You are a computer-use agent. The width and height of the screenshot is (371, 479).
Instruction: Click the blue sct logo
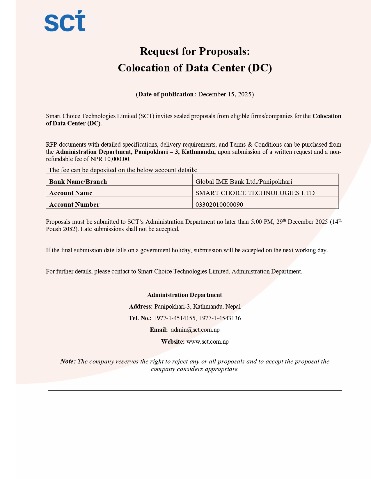[65, 21]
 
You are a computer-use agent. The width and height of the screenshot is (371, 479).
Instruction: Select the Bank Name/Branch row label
[78, 182]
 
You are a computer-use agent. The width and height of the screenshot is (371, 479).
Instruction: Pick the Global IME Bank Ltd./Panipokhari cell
[244, 182]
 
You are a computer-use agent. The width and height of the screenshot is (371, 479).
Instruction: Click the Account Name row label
[71, 193]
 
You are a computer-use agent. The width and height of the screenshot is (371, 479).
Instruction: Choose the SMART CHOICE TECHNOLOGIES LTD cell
[255, 193]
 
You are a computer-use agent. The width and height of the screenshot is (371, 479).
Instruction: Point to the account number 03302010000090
[219, 205]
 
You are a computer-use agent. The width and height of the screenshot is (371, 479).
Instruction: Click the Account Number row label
[74, 205]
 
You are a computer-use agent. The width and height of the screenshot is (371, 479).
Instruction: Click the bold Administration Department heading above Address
[184, 295]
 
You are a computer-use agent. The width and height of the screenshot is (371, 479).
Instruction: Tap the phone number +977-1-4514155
[174, 318]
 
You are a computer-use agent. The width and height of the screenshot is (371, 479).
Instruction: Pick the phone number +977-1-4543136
[220, 318]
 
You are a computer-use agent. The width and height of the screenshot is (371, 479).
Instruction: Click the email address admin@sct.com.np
[195, 330]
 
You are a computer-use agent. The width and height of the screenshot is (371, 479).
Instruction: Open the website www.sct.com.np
[207, 342]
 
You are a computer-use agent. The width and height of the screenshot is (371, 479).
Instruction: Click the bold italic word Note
[68, 361]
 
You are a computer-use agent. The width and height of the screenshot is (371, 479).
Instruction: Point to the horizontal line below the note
[195, 390]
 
